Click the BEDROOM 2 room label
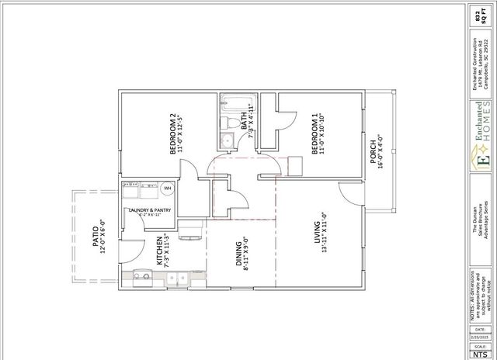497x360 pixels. pyautogui.click(x=173, y=134)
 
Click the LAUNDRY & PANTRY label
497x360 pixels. pyautogui.click(x=150, y=210)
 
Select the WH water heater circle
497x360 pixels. pyautogui.click(x=167, y=188)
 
